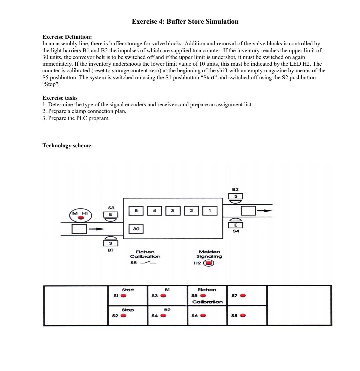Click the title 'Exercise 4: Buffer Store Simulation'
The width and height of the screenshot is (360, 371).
pyautogui.click(x=185, y=22)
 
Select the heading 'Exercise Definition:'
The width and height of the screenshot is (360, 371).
pyautogui.click(x=67, y=37)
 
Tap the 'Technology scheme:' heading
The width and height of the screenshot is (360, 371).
pyautogui.click(x=67, y=145)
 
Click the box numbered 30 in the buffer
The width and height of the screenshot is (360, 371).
pyautogui.click(x=136, y=229)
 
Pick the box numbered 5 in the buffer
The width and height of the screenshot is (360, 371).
pyautogui.click(x=136, y=211)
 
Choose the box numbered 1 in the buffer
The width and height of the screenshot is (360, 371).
pyautogui.click(x=210, y=211)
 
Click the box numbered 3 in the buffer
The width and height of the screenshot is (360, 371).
pyautogui.click(x=173, y=211)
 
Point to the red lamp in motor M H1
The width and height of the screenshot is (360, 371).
pyautogui.click(x=81, y=218)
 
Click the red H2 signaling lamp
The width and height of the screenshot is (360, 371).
pyautogui.click(x=209, y=263)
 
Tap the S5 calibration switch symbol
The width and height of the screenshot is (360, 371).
pyautogui.click(x=148, y=263)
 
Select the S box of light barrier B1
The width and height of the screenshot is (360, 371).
pyautogui.click(x=110, y=243)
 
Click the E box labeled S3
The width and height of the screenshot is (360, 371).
pyautogui.click(x=110, y=215)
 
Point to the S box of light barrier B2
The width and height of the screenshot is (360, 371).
pyautogui.click(x=236, y=196)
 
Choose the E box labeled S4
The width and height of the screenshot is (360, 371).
pyautogui.click(x=236, y=225)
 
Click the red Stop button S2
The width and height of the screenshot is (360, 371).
pyautogui.click(x=123, y=316)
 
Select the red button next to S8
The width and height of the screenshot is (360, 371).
pyautogui.click(x=243, y=316)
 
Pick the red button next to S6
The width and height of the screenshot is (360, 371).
pyautogui.click(x=203, y=316)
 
